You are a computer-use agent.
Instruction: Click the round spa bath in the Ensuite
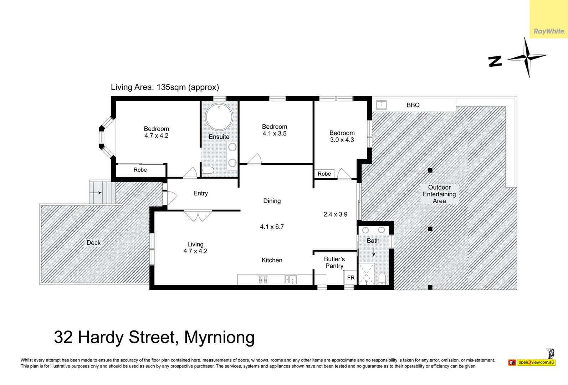tap(219, 117)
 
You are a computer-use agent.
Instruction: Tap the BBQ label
tap(413, 105)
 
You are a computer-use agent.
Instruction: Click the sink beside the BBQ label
tap(381, 104)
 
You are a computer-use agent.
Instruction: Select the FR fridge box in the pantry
tap(350, 278)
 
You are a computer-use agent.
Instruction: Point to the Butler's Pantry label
tap(334, 262)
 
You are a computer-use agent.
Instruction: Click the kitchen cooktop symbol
tap(263, 280)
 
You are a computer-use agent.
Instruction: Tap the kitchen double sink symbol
tap(291, 279)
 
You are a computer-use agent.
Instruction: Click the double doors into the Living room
tap(198, 215)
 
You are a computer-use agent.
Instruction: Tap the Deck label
tap(93, 243)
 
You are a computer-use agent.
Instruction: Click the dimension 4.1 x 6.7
tap(272, 227)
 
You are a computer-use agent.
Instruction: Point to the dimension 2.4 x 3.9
tap(335, 214)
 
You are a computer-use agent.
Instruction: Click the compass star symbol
tap(527, 57)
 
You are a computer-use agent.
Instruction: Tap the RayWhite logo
tap(549, 31)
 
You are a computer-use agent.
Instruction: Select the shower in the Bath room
tap(366, 274)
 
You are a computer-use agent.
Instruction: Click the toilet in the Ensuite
tap(208, 170)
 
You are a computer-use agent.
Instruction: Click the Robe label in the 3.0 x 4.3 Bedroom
tap(324, 174)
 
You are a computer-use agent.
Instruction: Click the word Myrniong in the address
tap(219, 338)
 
